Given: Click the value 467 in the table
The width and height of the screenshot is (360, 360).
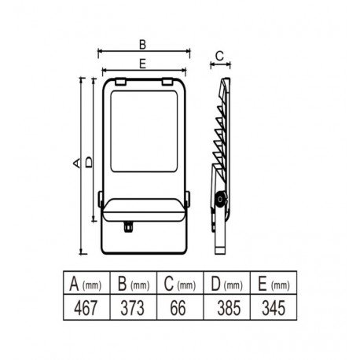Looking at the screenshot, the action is [x=86, y=308].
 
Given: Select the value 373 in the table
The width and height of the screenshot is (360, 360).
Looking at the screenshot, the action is [x=132, y=308].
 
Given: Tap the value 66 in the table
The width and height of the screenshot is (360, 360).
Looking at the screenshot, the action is [x=178, y=308].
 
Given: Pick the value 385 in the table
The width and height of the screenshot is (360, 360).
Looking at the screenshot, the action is [x=229, y=308].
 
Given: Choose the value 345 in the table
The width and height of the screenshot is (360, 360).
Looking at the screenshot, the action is [x=274, y=308].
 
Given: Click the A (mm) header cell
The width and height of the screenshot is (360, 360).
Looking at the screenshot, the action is [x=86, y=283].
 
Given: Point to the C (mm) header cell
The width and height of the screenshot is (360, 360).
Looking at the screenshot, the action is [x=180, y=283].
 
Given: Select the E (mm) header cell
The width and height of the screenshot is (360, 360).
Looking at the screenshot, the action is [x=274, y=283].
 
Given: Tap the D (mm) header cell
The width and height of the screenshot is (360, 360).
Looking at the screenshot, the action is [x=227, y=283].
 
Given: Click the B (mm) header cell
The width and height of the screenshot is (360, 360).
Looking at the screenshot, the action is [x=134, y=283].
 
